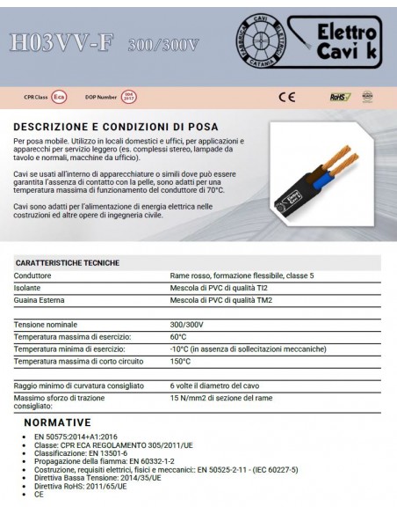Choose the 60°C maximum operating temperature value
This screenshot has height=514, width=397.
pyautogui.click(x=178, y=337)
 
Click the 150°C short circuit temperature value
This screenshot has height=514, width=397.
pyautogui.click(x=180, y=361)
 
